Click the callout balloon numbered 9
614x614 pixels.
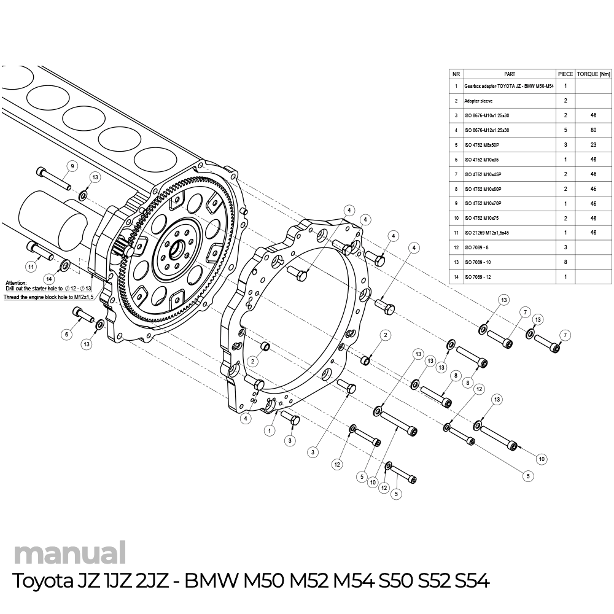click(72, 166)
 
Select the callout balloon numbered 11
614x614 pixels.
click(29, 267)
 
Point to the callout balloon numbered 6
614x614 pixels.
click(66, 334)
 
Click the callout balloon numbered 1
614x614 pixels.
click(269, 430)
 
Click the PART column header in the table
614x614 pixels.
click(509, 74)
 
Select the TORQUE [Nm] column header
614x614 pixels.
click(593, 74)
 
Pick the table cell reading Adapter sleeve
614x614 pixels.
click(479, 100)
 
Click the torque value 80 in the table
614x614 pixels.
click(593, 130)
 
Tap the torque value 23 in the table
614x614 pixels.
click(593, 145)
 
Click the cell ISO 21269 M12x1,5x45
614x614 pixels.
click(488, 233)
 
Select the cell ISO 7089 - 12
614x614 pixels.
click(478, 278)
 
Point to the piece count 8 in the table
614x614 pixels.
click(565, 262)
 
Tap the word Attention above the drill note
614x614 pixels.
click(15, 282)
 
